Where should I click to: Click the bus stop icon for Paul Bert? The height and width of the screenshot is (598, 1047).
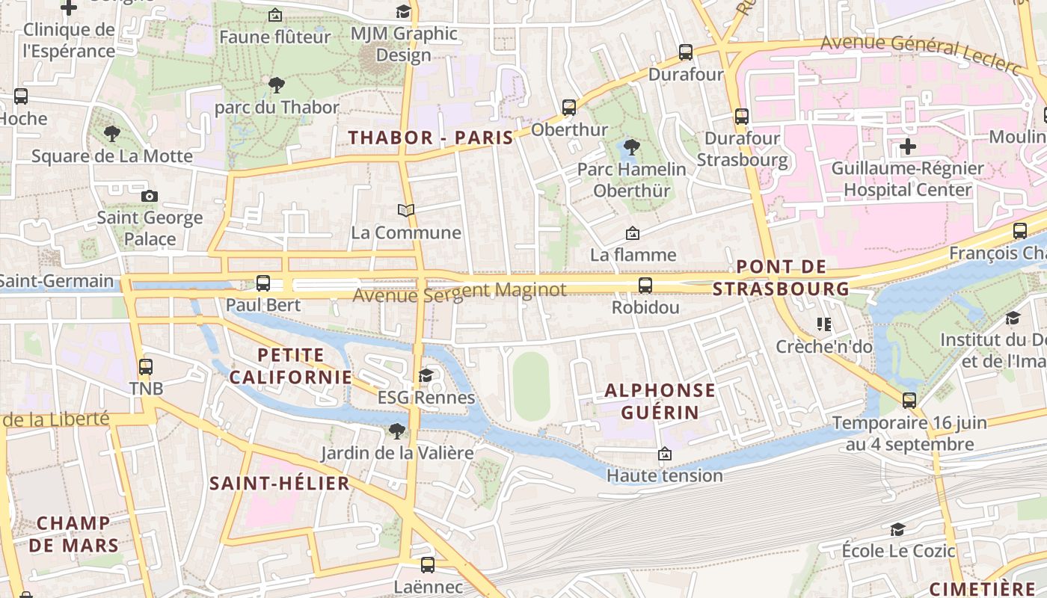[263, 283]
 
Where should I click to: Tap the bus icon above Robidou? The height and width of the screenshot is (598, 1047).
[645, 285]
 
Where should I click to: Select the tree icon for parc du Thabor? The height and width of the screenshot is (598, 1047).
[277, 85]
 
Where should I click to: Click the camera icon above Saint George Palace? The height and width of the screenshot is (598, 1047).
[150, 196]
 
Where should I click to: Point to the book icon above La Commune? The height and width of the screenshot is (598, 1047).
[405, 210]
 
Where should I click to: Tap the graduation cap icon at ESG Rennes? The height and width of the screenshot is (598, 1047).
[426, 375]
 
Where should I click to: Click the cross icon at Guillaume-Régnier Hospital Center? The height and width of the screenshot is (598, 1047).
[908, 147]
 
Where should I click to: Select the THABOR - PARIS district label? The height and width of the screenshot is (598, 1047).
[431, 138]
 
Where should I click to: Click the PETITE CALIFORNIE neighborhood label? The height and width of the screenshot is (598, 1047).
[290, 366]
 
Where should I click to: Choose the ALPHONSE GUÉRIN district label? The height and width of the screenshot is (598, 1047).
[660, 401]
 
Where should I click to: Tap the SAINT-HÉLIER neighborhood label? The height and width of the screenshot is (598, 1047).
[280, 484]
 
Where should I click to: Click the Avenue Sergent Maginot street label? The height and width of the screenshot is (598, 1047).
[459, 292]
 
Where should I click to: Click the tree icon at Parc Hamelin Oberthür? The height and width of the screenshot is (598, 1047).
[631, 147]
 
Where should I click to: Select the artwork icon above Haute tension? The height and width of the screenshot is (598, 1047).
[665, 454]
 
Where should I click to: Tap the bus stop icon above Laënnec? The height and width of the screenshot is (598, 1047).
[428, 564]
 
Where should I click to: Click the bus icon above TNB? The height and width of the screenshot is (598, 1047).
[146, 367]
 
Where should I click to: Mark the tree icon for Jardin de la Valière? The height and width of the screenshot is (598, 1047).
[397, 431]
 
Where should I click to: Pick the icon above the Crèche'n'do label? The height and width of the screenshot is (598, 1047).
[824, 324]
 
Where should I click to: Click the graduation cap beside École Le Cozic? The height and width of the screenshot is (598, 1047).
[898, 529]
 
